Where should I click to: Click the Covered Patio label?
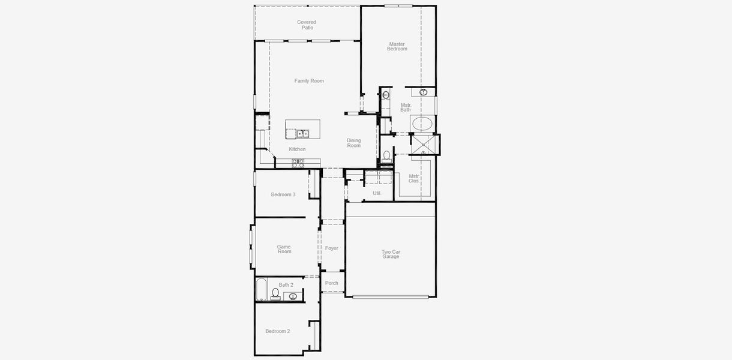pos(307,25)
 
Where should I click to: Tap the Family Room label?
pos(309,81)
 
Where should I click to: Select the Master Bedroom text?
pos(397,46)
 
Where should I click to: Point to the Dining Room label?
pos(354,143)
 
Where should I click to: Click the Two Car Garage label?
pos(391,254)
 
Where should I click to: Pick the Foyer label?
pos(332,248)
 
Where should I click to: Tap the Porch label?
pos(332,283)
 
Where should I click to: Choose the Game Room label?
pos(284,249)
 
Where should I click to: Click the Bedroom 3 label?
pos(283,194)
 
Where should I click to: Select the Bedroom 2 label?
pos(278,331)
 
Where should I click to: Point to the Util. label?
pos(377,193)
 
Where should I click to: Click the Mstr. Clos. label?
pos(414,178)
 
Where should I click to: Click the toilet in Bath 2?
pos(275,294)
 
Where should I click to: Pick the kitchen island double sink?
pos(302,133)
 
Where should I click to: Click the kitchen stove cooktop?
pos(298,162)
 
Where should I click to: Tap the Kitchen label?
pos(297,149)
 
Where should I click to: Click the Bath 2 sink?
pos(293,296)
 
